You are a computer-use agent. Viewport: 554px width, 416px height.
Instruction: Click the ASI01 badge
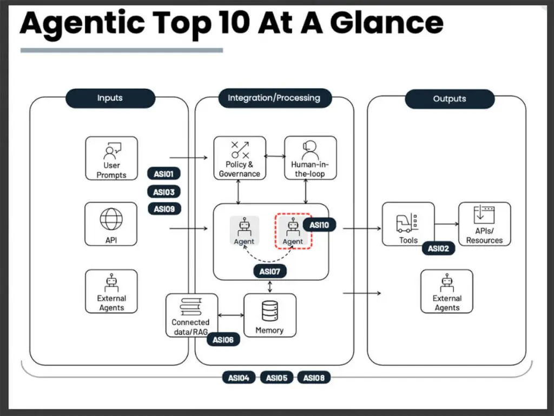pos(163,175)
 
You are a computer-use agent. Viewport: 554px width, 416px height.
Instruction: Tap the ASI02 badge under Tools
pos(438,249)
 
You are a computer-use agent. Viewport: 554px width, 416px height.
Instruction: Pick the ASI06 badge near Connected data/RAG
pos(223,340)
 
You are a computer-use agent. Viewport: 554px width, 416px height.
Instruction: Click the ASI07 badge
pos(269,271)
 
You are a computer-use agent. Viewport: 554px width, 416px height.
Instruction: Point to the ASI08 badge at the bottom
pos(314,378)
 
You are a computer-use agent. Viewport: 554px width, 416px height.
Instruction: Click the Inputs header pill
pos(110,98)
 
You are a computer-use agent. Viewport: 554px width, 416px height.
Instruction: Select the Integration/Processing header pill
pos(274,98)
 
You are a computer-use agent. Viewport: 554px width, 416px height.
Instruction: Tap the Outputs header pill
pos(450,99)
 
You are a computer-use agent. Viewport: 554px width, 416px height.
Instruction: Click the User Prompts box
pos(111,158)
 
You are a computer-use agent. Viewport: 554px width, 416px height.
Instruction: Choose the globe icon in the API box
pos(111,220)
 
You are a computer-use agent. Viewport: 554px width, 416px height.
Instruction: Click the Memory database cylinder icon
pos(269,311)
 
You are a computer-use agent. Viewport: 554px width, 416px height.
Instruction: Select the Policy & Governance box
pos(239,158)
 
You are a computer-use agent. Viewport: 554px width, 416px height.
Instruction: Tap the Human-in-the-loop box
pos(311,158)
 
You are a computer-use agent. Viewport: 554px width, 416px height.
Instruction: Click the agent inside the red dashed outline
pos(293,231)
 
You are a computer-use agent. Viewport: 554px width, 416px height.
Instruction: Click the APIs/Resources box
pos(484,224)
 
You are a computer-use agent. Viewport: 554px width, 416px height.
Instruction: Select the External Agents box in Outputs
pos(447,292)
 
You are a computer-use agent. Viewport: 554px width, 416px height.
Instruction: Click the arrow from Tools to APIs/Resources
pos(446,223)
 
